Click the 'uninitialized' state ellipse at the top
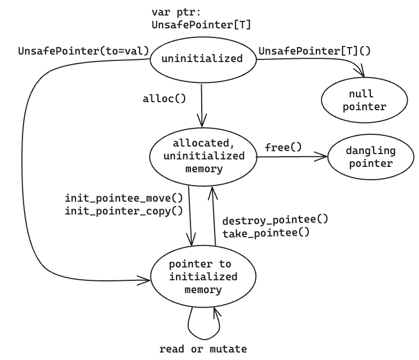click(203, 60)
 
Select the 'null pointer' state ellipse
click(364, 100)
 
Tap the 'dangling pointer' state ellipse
click(371, 157)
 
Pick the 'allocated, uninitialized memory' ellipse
click(203, 157)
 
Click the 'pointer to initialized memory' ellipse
click(203, 277)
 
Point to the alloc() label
click(164, 99)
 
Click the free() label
click(283, 147)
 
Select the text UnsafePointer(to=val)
click(83, 51)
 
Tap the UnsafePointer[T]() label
click(315, 51)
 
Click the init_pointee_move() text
click(124, 198)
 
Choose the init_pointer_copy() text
click(124, 211)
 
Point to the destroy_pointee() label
click(275, 220)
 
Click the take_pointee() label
click(266, 233)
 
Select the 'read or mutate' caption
click(203, 349)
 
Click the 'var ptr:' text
click(176, 12)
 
